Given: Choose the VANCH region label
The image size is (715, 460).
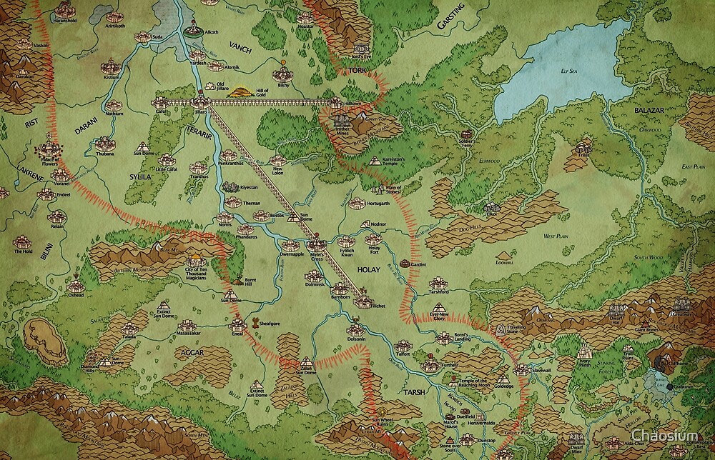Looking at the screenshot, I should point(238,46).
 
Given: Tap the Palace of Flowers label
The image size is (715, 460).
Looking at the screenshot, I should point(48,164).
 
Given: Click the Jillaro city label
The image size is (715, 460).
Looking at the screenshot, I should point(200,112).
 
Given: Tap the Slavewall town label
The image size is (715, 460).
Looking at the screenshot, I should point(541,371).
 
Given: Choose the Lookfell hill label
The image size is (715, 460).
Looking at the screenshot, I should point(503,264).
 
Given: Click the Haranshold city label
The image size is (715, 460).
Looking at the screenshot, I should point(44,21).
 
